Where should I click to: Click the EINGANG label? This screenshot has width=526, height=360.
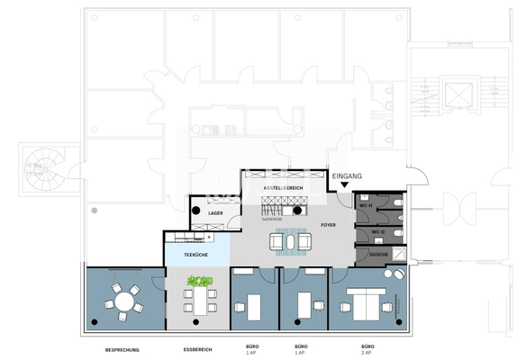[x=346, y=176]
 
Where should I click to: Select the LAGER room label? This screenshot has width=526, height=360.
[x=215, y=212]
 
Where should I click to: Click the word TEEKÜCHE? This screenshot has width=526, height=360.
[x=196, y=255]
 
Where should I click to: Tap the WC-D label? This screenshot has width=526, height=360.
[x=367, y=233]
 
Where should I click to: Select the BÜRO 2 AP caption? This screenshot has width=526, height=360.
[x=367, y=349]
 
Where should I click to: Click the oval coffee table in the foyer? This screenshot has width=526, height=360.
[x=291, y=239]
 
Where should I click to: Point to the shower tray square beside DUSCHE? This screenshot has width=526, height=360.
[x=399, y=256]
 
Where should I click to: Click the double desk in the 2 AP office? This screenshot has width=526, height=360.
[x=364, y=306]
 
